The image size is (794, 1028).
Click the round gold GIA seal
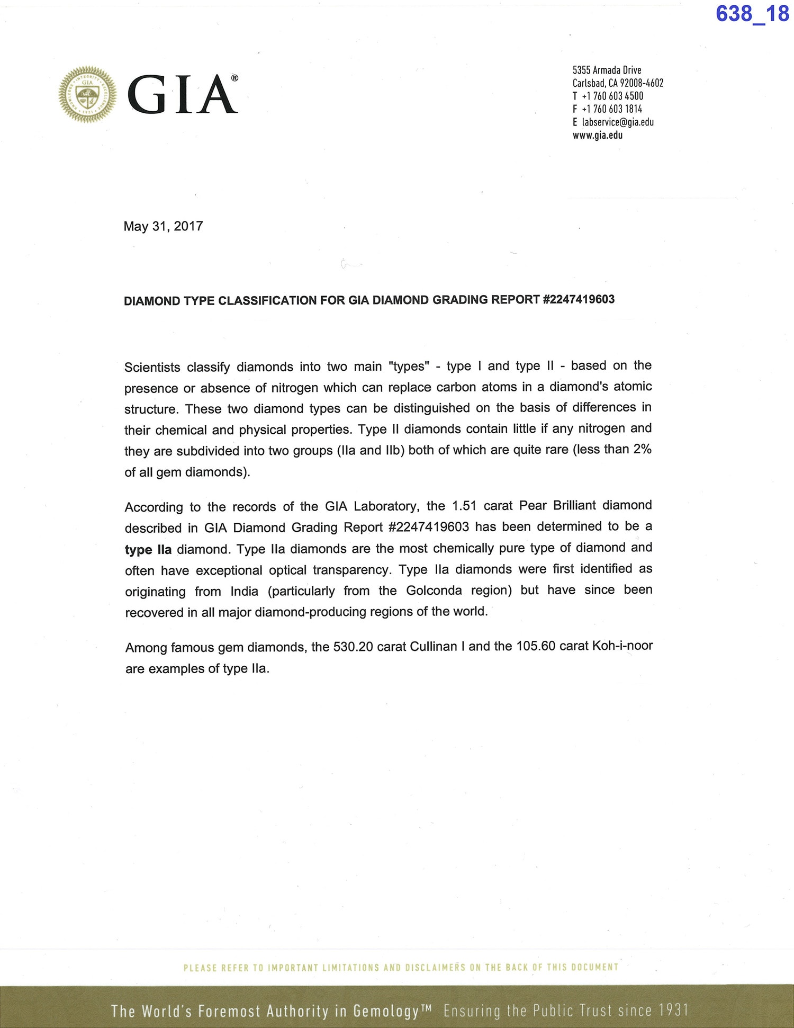pos(88,95)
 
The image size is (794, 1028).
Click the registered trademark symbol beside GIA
pos(234,78)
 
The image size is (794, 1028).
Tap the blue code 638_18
pos(752,14)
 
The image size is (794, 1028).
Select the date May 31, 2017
pos(163,227)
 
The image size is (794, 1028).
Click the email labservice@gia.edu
pos(618,122)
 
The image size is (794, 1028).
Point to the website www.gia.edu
pos(598,135)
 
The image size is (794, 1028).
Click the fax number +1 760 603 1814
pos(612,109)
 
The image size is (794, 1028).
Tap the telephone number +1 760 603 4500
pos(612,96)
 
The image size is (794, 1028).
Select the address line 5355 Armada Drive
pos(607,70)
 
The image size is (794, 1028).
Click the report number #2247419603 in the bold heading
pos(579,299)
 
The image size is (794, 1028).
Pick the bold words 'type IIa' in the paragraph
pos(148,550)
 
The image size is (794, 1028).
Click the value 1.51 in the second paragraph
pos(464,506)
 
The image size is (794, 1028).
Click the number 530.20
pos(353,647)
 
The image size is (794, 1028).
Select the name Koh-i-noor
pos(622,646)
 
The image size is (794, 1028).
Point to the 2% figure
pos(642,449)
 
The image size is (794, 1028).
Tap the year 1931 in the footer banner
pos(673,1010)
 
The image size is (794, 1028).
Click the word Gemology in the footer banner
pos(386,1011)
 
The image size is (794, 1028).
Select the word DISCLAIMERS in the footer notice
pos(435,967)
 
